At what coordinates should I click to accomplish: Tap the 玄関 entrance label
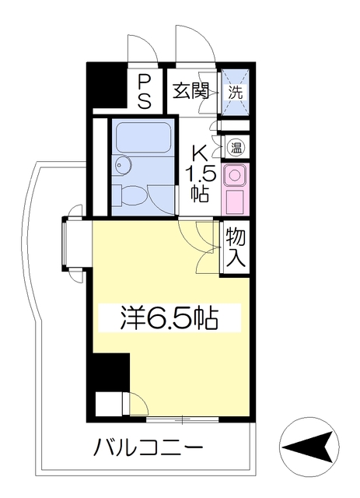click(x=190, y=91)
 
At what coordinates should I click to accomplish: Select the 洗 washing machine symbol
click(x=235, y=90)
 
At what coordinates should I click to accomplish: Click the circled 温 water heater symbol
click(x=235, y=146)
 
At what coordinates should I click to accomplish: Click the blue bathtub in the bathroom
click(x=143, y=140)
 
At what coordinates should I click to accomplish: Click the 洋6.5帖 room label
click(x=168, y=317)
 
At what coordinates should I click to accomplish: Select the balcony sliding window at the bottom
click(x=182, y=421)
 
